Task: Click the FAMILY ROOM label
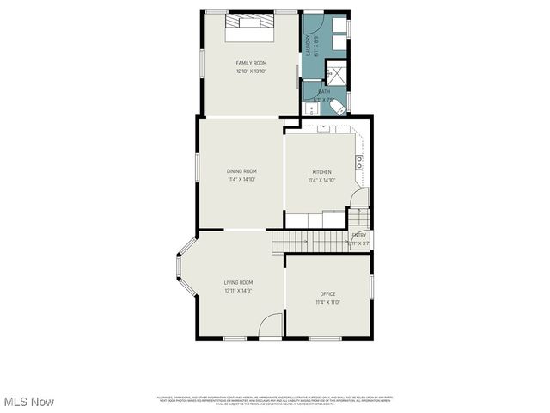pos(251,63)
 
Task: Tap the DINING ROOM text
pos(241,171)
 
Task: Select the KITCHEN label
pos(321,172)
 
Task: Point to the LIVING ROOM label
pos(238,282)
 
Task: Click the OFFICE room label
pos(327,294)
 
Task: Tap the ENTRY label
pos(359,235)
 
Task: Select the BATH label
pos(324,91)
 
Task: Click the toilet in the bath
pos(340,108)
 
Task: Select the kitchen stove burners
pos(359,161)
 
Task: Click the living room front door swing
pos(271,325)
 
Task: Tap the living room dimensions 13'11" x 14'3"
pos(238,291)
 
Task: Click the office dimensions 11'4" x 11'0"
pos(327,302)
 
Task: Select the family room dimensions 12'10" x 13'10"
pos(251,71)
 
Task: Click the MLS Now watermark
pos(29,402)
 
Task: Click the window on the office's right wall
pos(371,287)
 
